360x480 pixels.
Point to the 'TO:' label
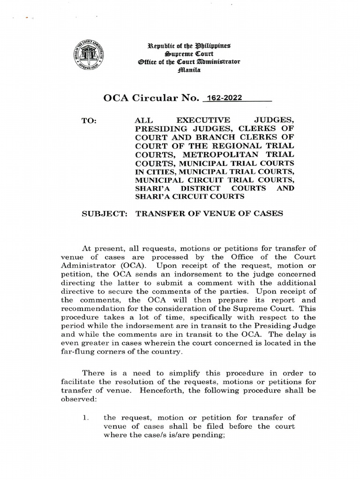tap(89, 120)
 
